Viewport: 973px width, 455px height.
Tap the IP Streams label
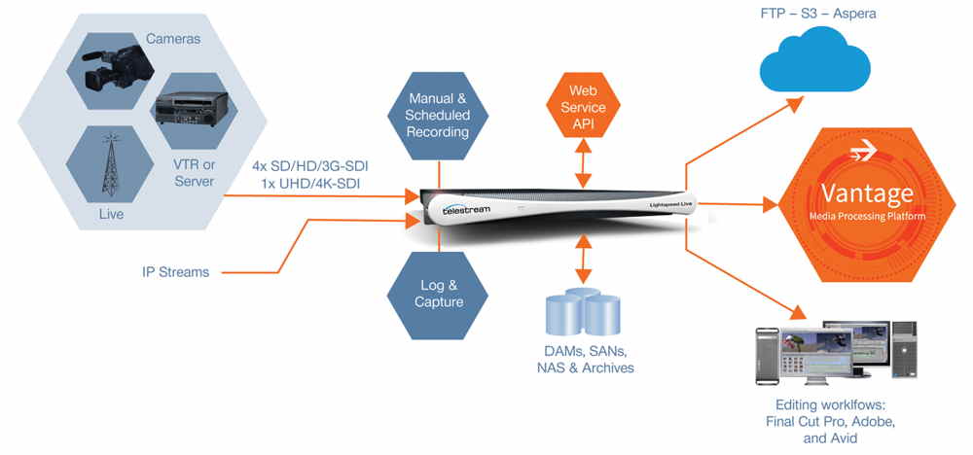point(170,272)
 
